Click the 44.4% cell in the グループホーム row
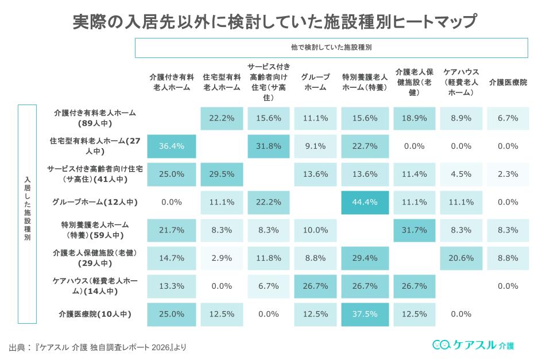[365, 202]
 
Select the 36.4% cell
[172, 146]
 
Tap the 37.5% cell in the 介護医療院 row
[365, 314]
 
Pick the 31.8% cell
[268, 146]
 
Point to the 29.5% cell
[221, 174]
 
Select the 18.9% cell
[413, 118]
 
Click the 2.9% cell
[221, 258]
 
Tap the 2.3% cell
[508, 174]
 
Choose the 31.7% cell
[413, 230]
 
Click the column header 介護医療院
[508, 83]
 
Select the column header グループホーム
[315, 83]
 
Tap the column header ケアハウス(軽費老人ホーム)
[461, 83]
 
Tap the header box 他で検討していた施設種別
[331, 48]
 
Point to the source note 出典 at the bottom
[98, 347]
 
